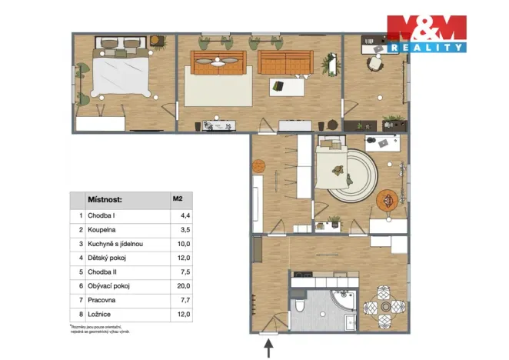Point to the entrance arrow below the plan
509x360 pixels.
click(x=268, y=350)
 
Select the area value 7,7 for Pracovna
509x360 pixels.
click(x=178, y=300)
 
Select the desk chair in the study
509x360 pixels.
click(x=376, y=62)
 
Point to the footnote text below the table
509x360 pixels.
click(x=100, y=328)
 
